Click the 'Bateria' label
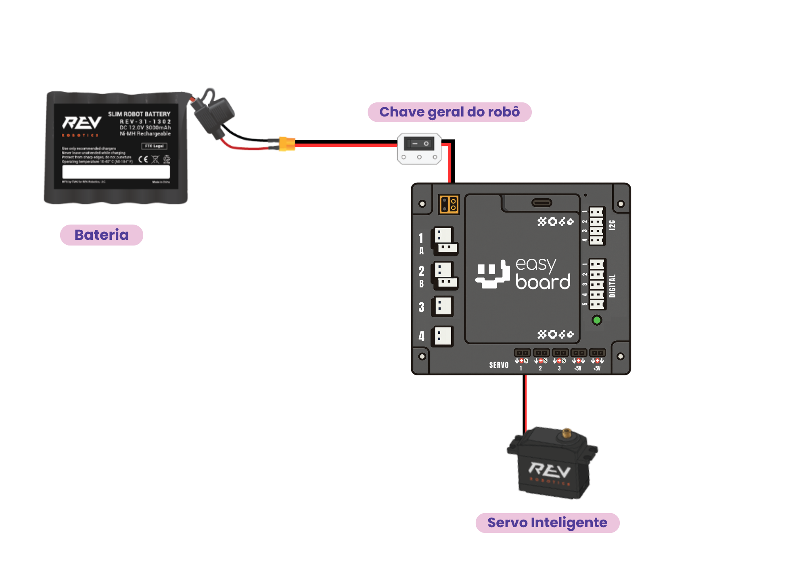tap(101, 235)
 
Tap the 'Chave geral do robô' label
tap(449, 112)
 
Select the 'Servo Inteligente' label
tap(547, 523)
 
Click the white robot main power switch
tap(419, 148)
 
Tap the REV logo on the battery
tap(82, 123)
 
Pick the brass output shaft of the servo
tap(567, 433)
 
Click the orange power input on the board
tap(449, 204)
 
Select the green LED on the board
tap(596, 320)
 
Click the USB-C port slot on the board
tap(541, 203)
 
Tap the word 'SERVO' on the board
tap(499, 365)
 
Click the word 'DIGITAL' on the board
tap(613, 286)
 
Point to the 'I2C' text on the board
tap(612, 225)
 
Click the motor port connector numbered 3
tap(443, 306)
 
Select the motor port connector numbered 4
tap(443, 336)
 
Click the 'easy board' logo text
tap(543, 274)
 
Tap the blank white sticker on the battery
tap(116, 172)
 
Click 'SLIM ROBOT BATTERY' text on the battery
tap(139, 114)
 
